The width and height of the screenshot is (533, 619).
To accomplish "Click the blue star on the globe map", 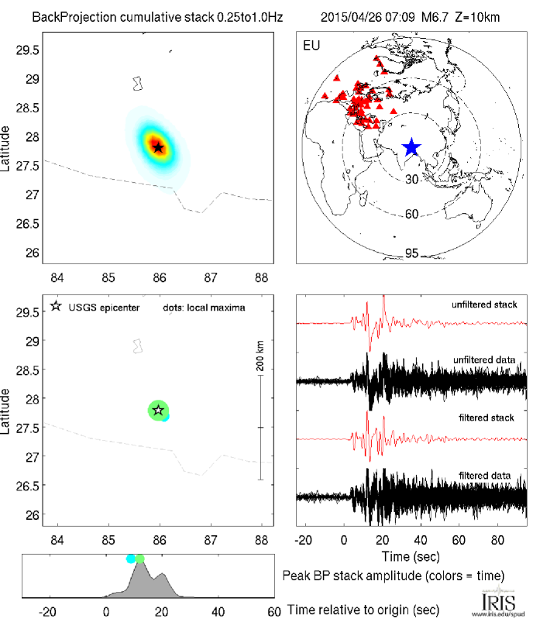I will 411,147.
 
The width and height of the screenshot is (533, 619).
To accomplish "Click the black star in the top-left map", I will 158,147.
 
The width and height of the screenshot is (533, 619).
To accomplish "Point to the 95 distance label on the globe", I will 412,253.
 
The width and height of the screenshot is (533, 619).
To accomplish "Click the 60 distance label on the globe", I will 412,214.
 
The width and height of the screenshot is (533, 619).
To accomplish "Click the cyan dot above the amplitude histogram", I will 131,558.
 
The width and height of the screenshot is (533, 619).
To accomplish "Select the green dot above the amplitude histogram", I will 139,558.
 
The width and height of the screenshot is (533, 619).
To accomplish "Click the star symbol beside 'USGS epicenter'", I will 56,307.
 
